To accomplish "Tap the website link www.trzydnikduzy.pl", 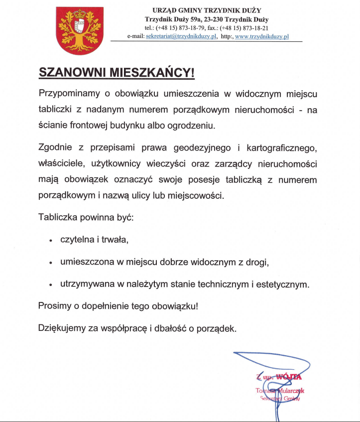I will (x=262, y=36).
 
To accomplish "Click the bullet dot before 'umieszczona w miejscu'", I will (x=51, y=263).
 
